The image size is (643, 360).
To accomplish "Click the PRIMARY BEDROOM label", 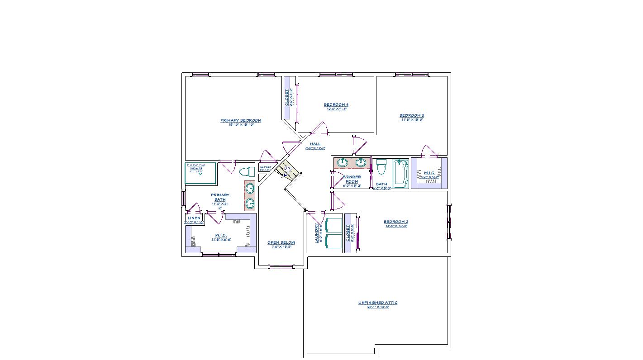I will click(x=241, y=120).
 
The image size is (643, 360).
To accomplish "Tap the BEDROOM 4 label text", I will click(x=336, y=104).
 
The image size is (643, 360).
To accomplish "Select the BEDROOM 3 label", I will click(x=412, y=115).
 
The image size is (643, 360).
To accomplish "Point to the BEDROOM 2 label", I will click(x=396, y=222).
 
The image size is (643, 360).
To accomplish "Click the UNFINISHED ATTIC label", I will click(x=378, y=303).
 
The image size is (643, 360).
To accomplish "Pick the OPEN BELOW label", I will click(x=281, y=242).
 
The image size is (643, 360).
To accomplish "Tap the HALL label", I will click(x=315, y=144).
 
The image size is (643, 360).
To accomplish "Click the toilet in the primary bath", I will click(x=247, y=172).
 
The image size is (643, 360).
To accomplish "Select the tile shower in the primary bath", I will click(x=200, y=173).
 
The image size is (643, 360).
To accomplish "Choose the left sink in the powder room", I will click(x=343, y=163).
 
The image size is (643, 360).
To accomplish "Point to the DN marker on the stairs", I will click(x=287, y=168).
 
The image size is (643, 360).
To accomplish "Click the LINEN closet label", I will click(x=194, y=218).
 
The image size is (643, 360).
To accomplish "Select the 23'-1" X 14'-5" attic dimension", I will click(x=378, y=307).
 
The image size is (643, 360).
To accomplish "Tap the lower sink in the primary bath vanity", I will click(x=250, y=204).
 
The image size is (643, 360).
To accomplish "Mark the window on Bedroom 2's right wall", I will click(x=449, y=222).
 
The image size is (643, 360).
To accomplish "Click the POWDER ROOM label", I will click(x=352, y=179).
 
